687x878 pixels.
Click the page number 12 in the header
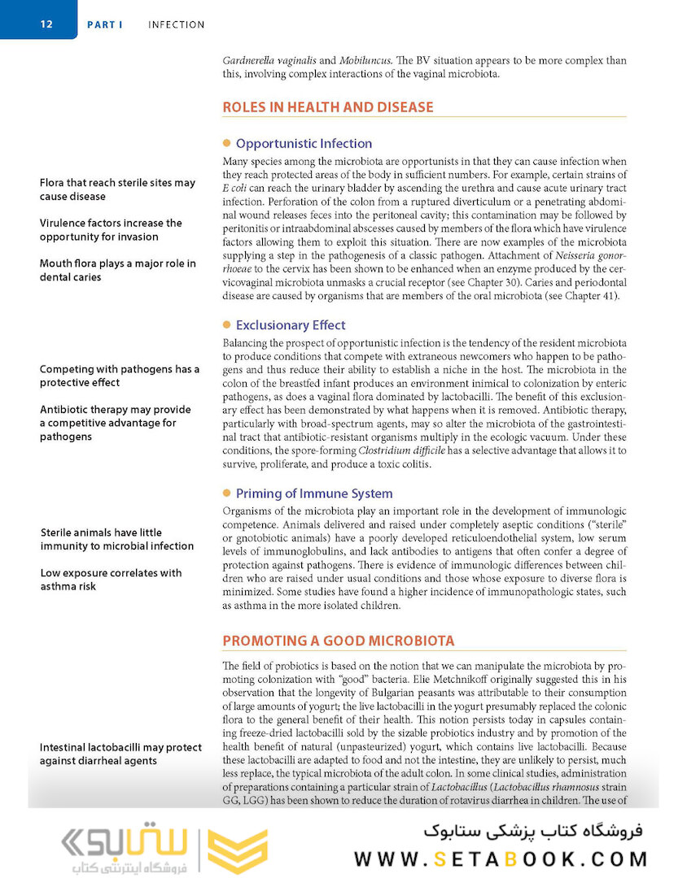coord(46,24)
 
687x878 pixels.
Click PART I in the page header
coord(105,25)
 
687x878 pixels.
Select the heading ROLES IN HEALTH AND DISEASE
coord(327,107)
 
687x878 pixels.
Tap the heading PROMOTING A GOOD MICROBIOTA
coord(339,641)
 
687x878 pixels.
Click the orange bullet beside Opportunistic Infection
coord(227,143)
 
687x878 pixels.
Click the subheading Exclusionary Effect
coord(290,325)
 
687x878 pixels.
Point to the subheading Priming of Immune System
coord(313,493)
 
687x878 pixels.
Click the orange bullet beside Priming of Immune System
coord(227,493)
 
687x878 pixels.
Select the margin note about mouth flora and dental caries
coord(117,270)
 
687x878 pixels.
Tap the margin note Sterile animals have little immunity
coord(116,539)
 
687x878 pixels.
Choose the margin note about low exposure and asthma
coord(111,579)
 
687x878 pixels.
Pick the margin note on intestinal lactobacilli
coord(120,754)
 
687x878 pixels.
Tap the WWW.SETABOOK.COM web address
coord(501,858)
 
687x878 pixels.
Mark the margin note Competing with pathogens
coord(119,376)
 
